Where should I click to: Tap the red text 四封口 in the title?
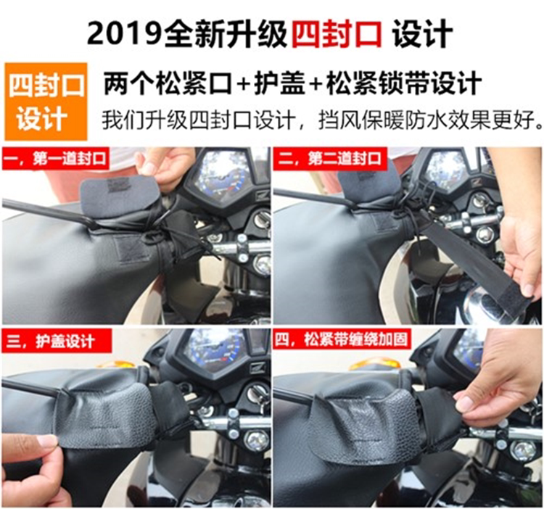337,33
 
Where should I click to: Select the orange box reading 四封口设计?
46,102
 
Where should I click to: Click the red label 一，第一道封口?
56,159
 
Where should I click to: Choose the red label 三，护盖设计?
57,341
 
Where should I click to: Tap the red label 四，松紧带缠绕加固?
342,339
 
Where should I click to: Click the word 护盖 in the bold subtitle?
280,83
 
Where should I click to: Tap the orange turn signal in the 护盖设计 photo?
115,364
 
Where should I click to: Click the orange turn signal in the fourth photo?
374,365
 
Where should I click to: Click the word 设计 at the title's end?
423,33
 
